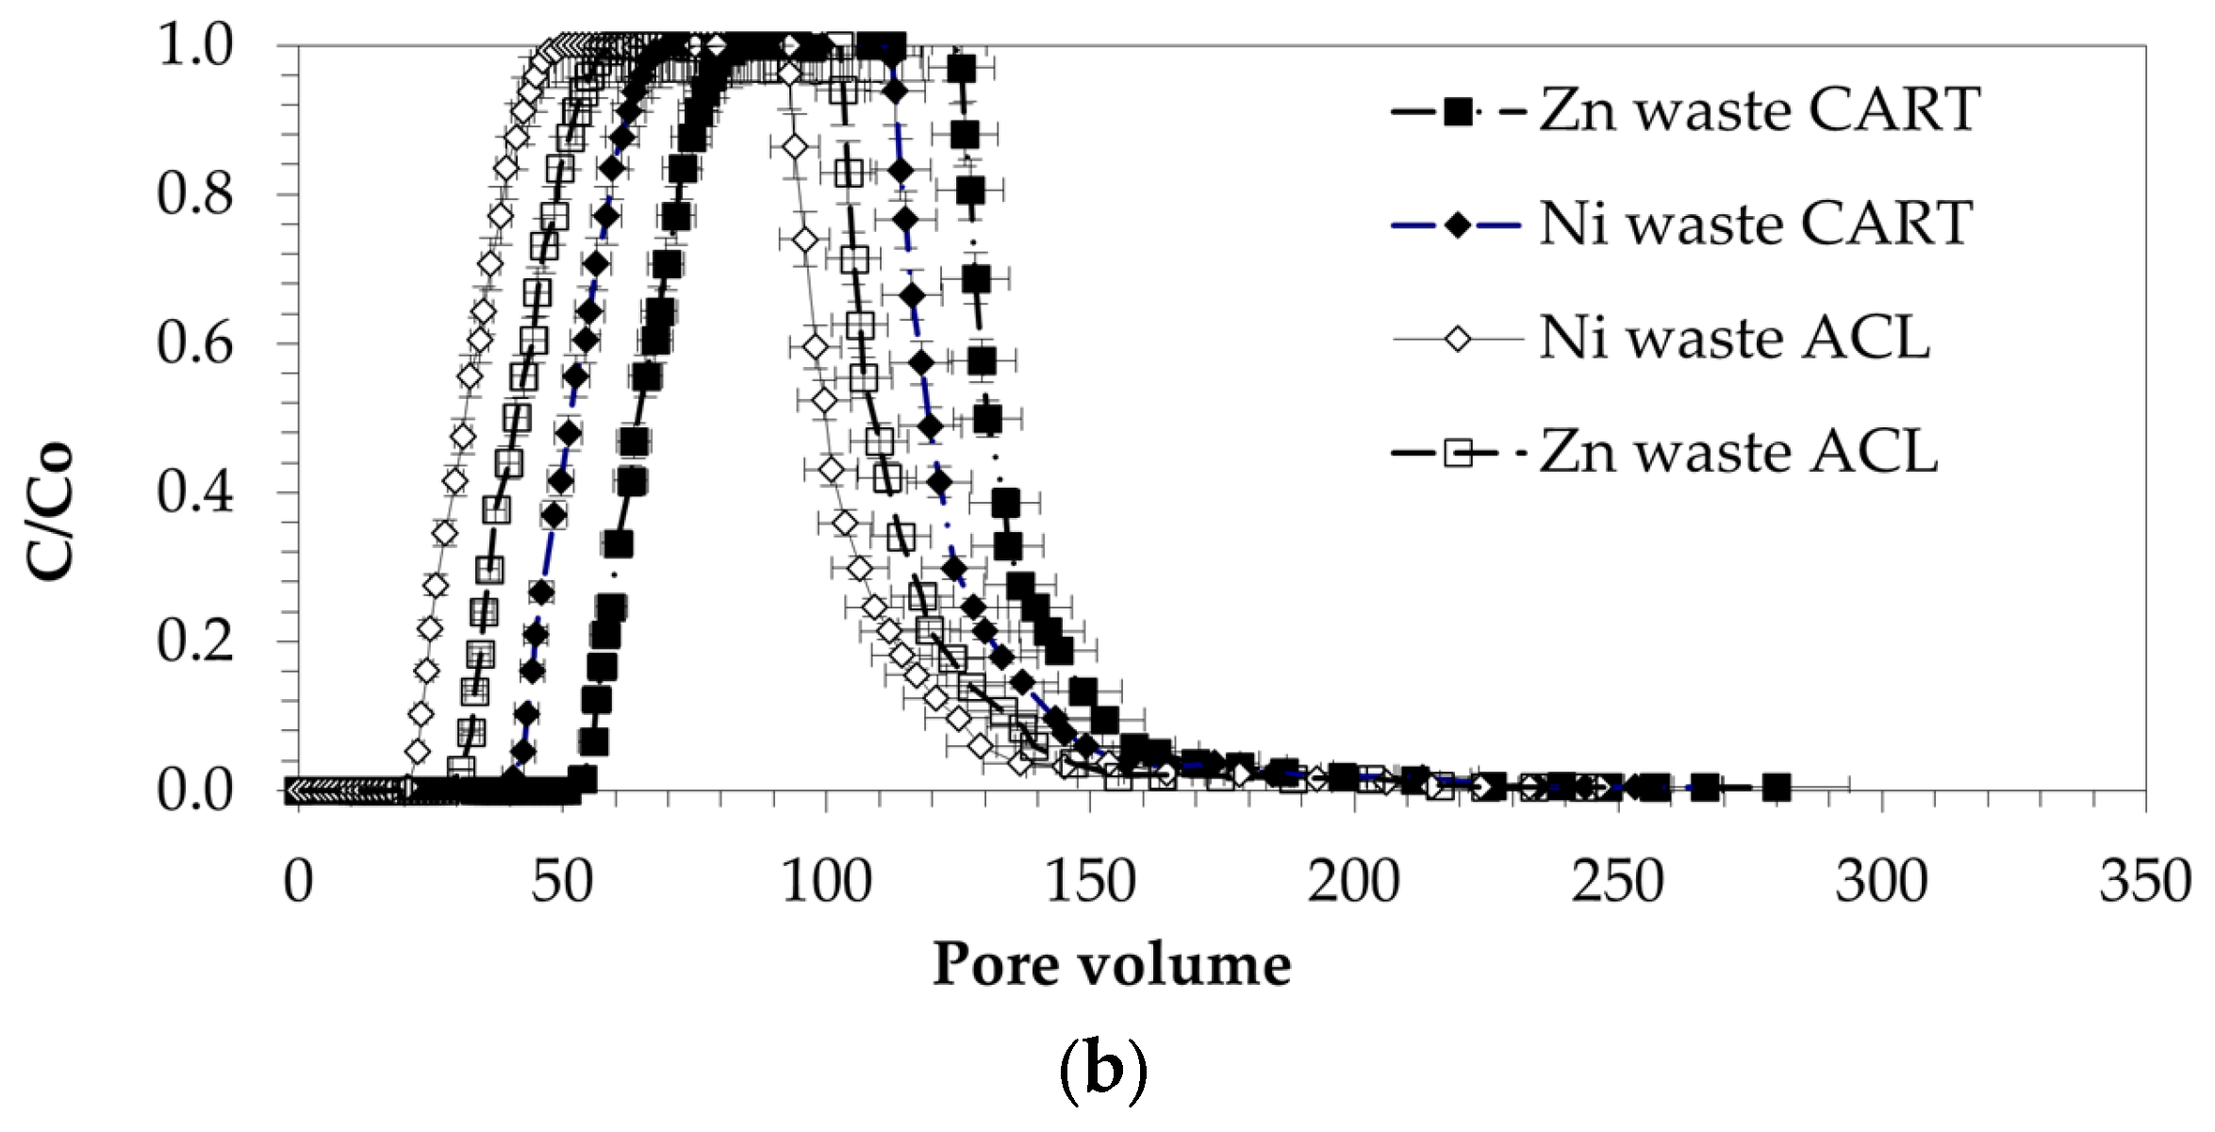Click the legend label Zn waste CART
[1760, 110]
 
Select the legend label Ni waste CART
[1756, 225]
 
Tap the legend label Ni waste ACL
[1735, 338]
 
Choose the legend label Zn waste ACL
[1739, 452]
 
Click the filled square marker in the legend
[1458, 112]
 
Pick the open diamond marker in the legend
[1458, 339]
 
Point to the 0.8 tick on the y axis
[195, 194]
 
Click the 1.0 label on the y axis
[195, 45]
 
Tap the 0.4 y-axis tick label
[195, 492]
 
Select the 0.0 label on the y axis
[195, 791]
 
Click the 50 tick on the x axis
[562, 882]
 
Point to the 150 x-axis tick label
[1090, 882]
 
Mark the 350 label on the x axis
[2145, 882]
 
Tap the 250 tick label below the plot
[1617, 882]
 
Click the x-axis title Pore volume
[1112, 965]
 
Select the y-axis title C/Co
[49, 510]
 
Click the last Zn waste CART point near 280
[1777, 787]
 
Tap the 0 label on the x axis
[298, 882]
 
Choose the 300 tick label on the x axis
[1881, 882]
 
